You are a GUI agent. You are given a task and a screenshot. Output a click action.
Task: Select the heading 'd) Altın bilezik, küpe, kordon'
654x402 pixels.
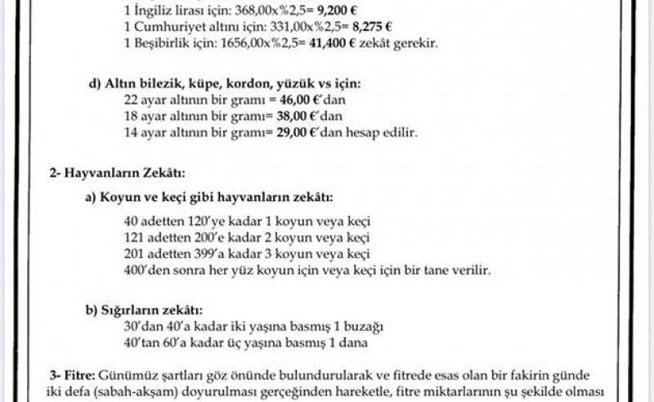[x=224, y=84]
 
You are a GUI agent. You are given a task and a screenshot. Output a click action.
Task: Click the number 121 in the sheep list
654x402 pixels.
[x=134, y=238]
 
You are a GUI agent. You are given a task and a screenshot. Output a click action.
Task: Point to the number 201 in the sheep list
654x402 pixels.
[x=134, y=253]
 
